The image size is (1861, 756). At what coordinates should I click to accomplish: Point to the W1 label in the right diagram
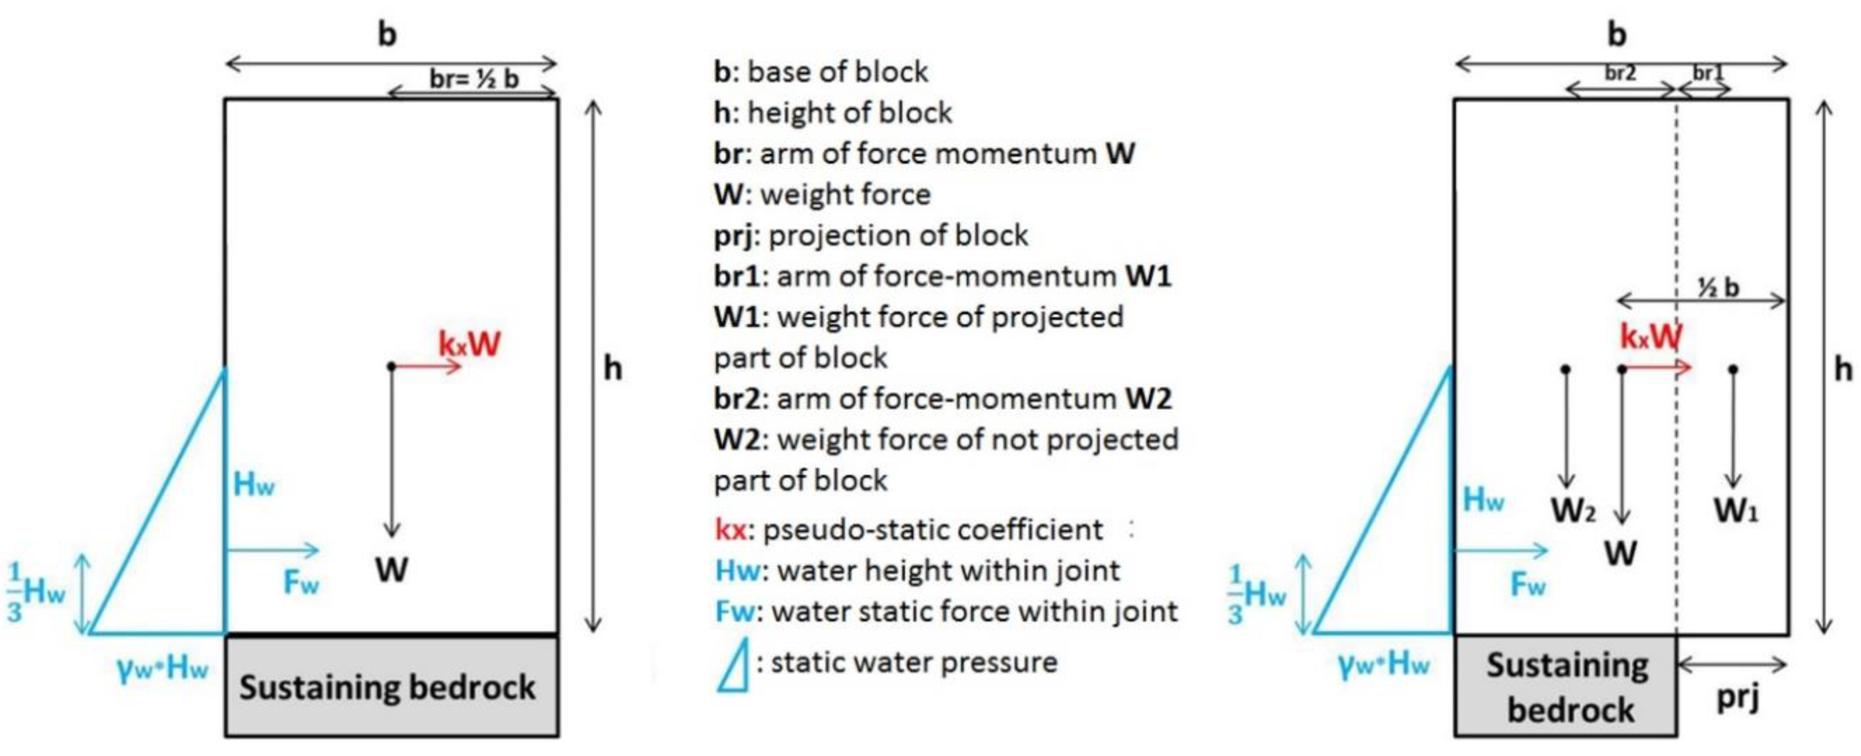click(1736, 510)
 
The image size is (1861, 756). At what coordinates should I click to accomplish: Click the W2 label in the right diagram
click(1573, 510)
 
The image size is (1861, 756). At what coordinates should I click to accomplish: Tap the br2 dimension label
click(1620, 73)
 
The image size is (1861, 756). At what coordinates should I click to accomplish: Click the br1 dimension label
click(1708, 73)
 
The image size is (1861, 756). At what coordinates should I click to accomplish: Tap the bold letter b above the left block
click(388, 34)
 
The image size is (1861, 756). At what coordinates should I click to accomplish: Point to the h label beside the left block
click(613, 369)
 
